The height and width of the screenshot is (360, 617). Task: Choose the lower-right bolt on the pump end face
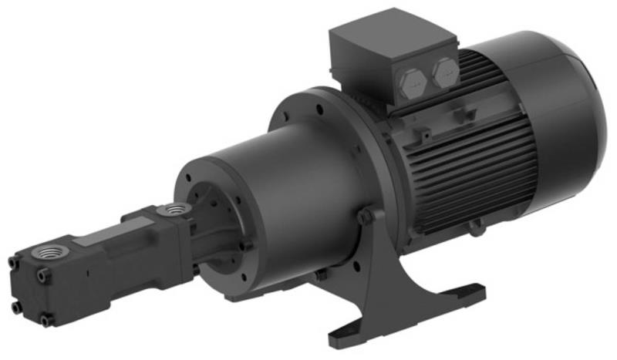[x=47, y=318]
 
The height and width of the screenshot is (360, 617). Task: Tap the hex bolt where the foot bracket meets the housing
[x=365, y=218]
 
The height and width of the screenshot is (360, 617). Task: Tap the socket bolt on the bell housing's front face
[x=247, y=245]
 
